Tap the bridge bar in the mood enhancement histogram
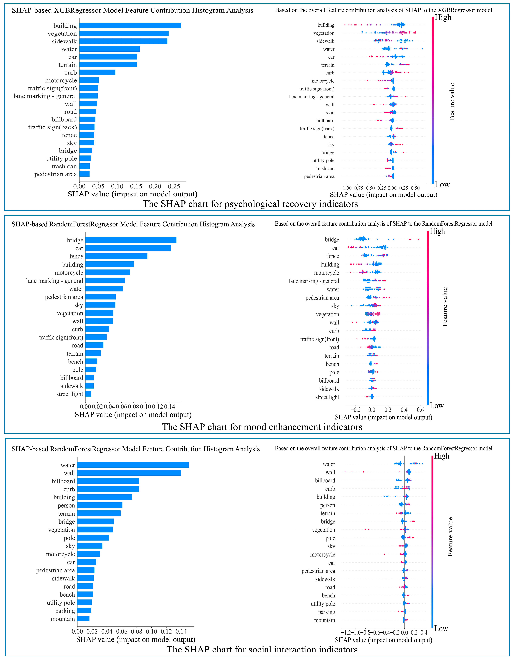(x=131, y=240)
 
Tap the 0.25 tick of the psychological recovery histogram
(x=174, y=186)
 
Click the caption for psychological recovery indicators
(x=250, y=204)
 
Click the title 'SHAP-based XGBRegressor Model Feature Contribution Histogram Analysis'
(x=132, y=10)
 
